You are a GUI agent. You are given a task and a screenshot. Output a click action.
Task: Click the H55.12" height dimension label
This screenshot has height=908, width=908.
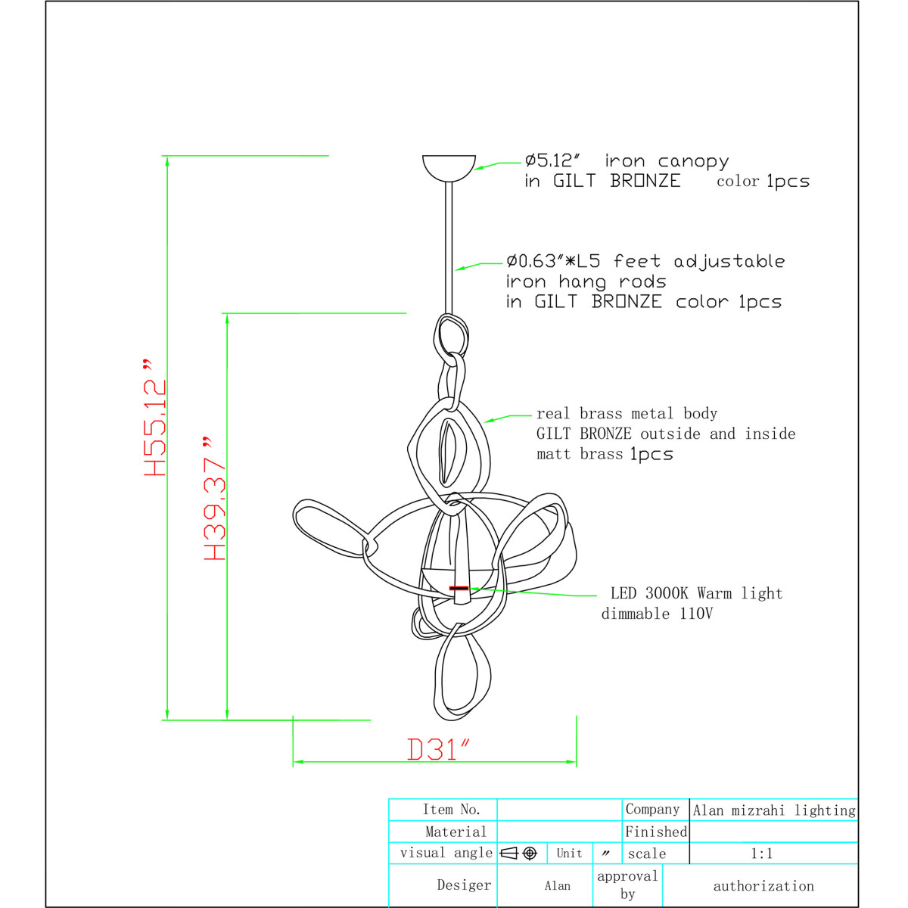[x=155, y=417]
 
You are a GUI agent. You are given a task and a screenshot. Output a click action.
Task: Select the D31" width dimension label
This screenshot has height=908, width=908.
[x=438, y=750]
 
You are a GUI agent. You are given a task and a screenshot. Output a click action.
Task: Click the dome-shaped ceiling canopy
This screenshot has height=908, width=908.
[x=449, y=168]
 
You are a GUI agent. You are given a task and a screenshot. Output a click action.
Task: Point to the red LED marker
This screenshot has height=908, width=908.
[x=459, y=588]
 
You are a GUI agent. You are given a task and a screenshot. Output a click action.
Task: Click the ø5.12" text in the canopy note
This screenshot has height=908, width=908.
[x=552, y=160]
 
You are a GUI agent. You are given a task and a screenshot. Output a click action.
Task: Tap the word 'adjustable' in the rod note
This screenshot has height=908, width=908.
[x=729, y=262]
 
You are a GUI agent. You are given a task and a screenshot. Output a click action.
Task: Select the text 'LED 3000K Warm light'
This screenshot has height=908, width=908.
[x=696, y=593]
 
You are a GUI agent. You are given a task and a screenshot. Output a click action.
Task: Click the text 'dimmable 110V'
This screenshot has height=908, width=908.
[x=657, y=614]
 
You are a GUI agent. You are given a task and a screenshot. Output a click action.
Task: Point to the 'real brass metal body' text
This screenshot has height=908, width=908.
[x=627, y=413]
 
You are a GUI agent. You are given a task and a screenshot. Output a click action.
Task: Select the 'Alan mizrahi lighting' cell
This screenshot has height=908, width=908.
[x=774, y=810]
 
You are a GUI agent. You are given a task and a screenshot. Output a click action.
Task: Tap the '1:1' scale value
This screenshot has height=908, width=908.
[x=761, y=854]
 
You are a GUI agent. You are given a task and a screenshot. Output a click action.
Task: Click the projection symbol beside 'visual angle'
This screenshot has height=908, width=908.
[x=518, y=854]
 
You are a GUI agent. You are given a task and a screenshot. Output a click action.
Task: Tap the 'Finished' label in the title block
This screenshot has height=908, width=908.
[x=656, y=832]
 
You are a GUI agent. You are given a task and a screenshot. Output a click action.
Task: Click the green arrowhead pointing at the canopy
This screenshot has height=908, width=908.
[x=480, y=167]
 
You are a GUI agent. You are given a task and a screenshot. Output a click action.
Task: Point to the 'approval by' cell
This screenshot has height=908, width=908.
[x=627, y=885]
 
